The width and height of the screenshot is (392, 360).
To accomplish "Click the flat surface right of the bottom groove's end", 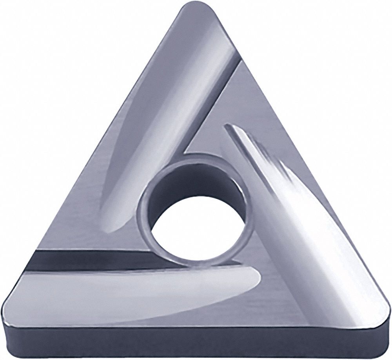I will point(282,290).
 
